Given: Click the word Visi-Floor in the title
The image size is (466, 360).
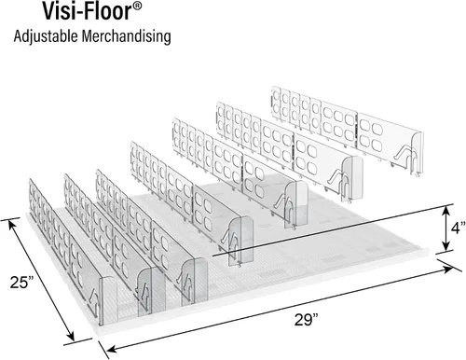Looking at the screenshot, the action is click(86, 11).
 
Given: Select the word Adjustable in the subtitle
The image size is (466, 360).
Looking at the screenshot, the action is click(46, 36).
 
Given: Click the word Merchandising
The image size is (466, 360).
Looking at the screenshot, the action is click(127, 35).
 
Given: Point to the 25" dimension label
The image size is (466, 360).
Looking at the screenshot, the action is click(21, 283).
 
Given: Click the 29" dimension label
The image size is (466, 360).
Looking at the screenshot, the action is click(307, 320).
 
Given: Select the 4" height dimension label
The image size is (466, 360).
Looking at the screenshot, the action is click(459, 228).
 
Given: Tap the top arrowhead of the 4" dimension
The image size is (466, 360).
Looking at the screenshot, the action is click(446, 211).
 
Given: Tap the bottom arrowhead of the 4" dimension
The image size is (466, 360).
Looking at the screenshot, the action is click(446, 245).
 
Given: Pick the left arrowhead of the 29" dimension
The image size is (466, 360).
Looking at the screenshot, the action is click(111, 349).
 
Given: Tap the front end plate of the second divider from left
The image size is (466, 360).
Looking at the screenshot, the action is click(151, 289).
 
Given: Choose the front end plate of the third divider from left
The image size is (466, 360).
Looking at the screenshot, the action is click(195, 281).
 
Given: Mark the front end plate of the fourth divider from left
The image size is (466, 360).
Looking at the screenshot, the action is click(241, 241).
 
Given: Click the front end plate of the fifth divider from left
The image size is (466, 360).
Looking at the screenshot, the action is click(296, 204).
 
